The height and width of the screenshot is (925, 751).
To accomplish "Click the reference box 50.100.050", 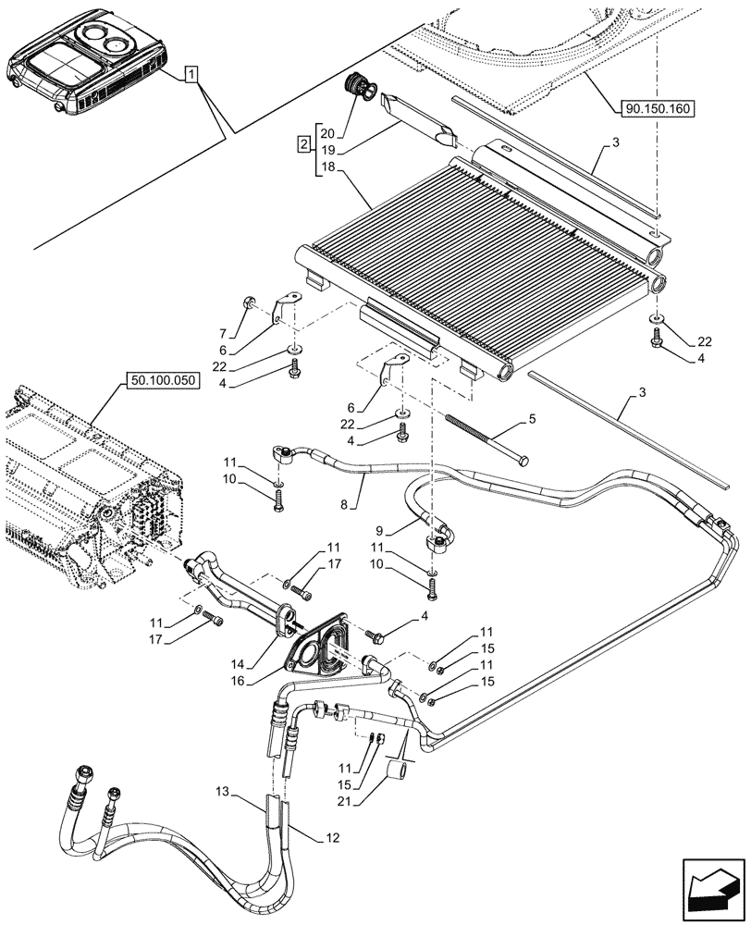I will (x=160, y=380).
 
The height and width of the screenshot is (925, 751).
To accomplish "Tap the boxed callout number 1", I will (x=190, y=73).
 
